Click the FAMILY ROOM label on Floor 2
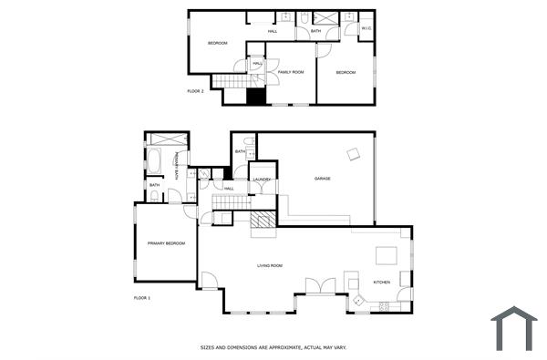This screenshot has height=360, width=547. point(290,71)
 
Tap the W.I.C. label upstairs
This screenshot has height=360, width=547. point(366,28)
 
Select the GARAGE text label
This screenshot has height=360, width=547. point(322,178)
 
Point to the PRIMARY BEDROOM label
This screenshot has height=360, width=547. point(166,243)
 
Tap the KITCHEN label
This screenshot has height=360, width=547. point(381,282)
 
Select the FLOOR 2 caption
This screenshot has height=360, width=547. point(195,91)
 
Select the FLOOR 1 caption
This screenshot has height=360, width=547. point(142,298)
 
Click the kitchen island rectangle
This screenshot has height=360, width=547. point(387,255)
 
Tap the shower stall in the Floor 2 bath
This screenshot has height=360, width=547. point(324,17)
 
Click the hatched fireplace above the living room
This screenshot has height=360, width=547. point(263,220)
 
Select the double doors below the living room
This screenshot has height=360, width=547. point(319,286)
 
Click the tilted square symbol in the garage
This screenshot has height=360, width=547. point(352,154)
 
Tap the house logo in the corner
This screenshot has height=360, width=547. point(513,328)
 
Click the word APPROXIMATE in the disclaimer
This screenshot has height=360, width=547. point(272,347)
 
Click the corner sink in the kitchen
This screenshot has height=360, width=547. point(358,300)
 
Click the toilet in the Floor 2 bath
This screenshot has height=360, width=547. point(303,16)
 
